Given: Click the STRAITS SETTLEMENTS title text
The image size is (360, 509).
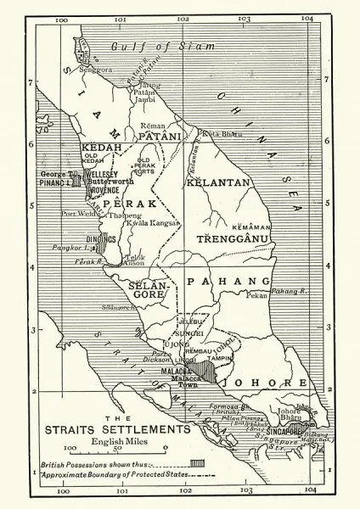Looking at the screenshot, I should (128, 430).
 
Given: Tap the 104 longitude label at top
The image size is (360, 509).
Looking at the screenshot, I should (307, 18).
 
